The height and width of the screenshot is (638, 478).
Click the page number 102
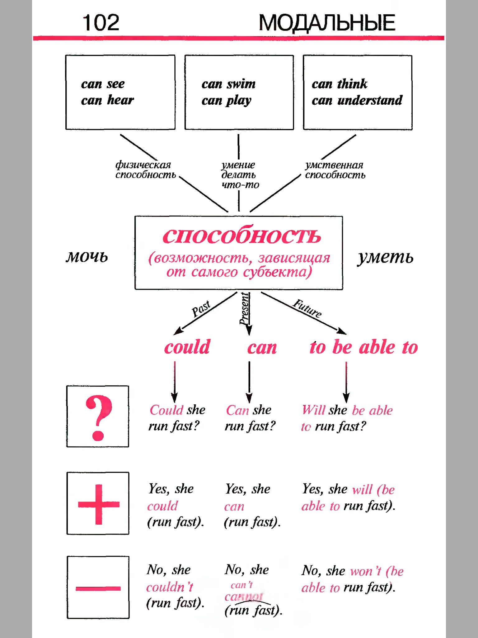pos(101,23)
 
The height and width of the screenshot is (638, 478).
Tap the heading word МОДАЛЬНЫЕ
pos(326,23)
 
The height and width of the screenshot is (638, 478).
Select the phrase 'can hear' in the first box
pos(107,100)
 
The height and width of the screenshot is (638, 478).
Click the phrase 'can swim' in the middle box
pos(228,84)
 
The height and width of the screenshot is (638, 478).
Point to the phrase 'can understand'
pos(357,100)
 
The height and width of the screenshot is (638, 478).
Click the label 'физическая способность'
pos(145,170)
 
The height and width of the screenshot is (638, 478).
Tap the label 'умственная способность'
pos(335,170)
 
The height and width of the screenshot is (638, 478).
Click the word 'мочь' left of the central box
pos(87,257)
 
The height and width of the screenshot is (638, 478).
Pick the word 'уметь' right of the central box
pos(385,257)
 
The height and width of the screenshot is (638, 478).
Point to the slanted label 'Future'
pos(307,308)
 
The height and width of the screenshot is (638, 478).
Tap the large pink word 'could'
pos(187,347)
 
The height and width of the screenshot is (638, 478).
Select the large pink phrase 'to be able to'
pos(363,347)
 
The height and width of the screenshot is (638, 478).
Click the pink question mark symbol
pos(98,417)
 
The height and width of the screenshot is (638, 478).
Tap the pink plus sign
pos(99,504)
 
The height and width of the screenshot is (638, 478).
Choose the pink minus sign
pos(98,588)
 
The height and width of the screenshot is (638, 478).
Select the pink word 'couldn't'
pos(170,587)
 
